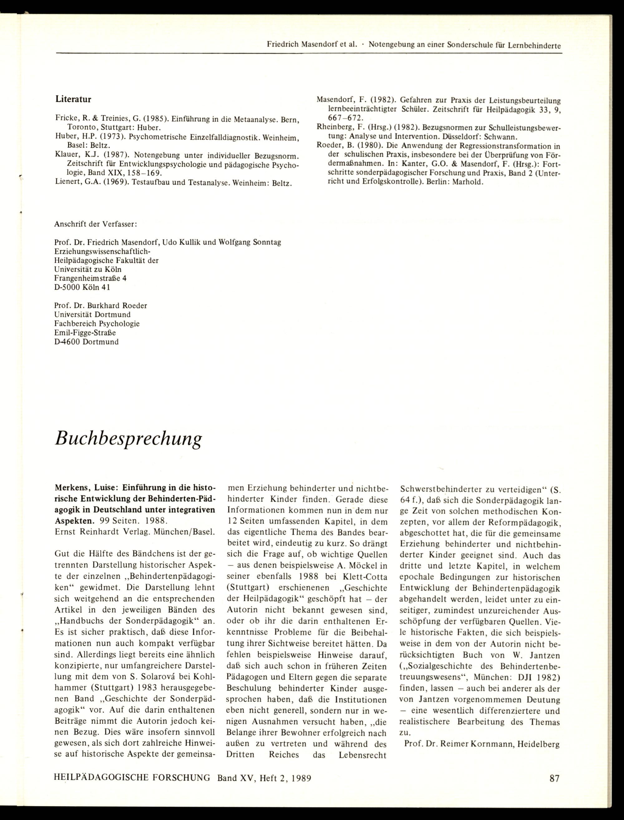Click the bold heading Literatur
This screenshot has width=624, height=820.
[x=73, y=99]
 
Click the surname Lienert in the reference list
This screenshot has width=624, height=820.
[x=68, y=183]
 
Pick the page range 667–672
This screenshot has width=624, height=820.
[x=344, y=119]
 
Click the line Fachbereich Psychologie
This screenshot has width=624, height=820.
[x=97, y=324]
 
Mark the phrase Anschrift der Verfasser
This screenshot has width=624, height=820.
[x=96, y=224]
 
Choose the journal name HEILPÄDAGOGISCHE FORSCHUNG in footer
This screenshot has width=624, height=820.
[x=132, y=778]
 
